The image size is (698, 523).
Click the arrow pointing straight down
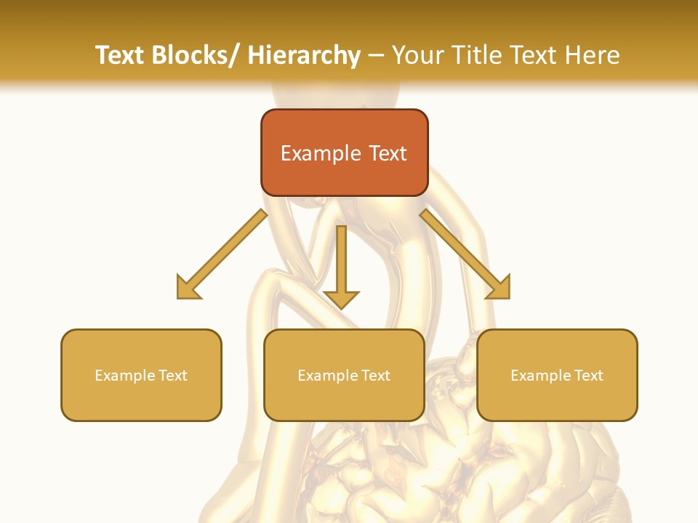pyautogui.click(x=341, y=266)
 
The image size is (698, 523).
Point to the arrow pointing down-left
pyautogui.click(x=221, y=254)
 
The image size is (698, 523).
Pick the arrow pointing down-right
pyautogui.click(x=465, y=254)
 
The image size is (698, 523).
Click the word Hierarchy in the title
pyautogui.click(x=304, y=55)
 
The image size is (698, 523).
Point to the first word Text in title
pyautogui.click(x=119, y=55)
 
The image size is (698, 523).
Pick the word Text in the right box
pyautogui.click(x=588, y=376)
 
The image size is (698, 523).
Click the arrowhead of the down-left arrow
pyautogui.click(x=187, y=288)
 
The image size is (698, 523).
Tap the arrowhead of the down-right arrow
pyautogui.click(x=500, y=288)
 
